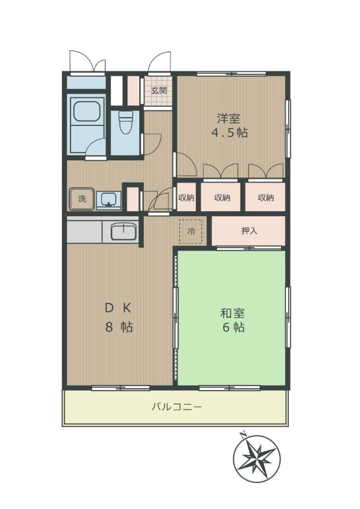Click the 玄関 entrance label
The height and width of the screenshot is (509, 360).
(159, 90)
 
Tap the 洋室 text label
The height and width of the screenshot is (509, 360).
(229, 118)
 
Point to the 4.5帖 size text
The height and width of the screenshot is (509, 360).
(229, 133)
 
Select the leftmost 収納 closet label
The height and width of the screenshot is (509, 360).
(186, 198)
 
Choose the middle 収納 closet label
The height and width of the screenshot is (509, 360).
(222, 198)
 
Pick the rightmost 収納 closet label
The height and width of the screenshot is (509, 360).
(266, 198)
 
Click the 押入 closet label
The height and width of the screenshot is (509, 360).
(249, 230)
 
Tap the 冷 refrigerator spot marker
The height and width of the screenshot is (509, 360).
(191, 232)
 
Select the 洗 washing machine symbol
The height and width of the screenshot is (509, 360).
(81, 199)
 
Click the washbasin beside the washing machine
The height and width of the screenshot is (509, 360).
(108, 200)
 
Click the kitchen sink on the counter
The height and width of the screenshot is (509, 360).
(123, 232)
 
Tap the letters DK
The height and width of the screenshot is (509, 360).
(118, 309)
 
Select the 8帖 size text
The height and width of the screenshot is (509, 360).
(118, 328)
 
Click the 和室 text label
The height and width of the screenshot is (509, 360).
(232, 313)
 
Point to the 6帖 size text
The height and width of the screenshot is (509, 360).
(232, 328)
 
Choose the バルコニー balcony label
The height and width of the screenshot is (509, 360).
(176, 407)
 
